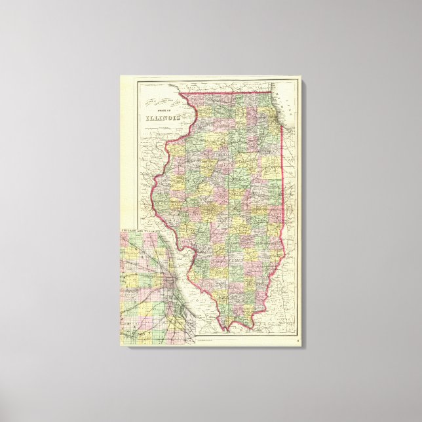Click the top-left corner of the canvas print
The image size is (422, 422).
(120, 75)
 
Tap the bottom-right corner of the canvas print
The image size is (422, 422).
(302, 347)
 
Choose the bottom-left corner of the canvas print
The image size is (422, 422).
(120, 347)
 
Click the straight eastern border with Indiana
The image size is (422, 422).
(282, 183)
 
